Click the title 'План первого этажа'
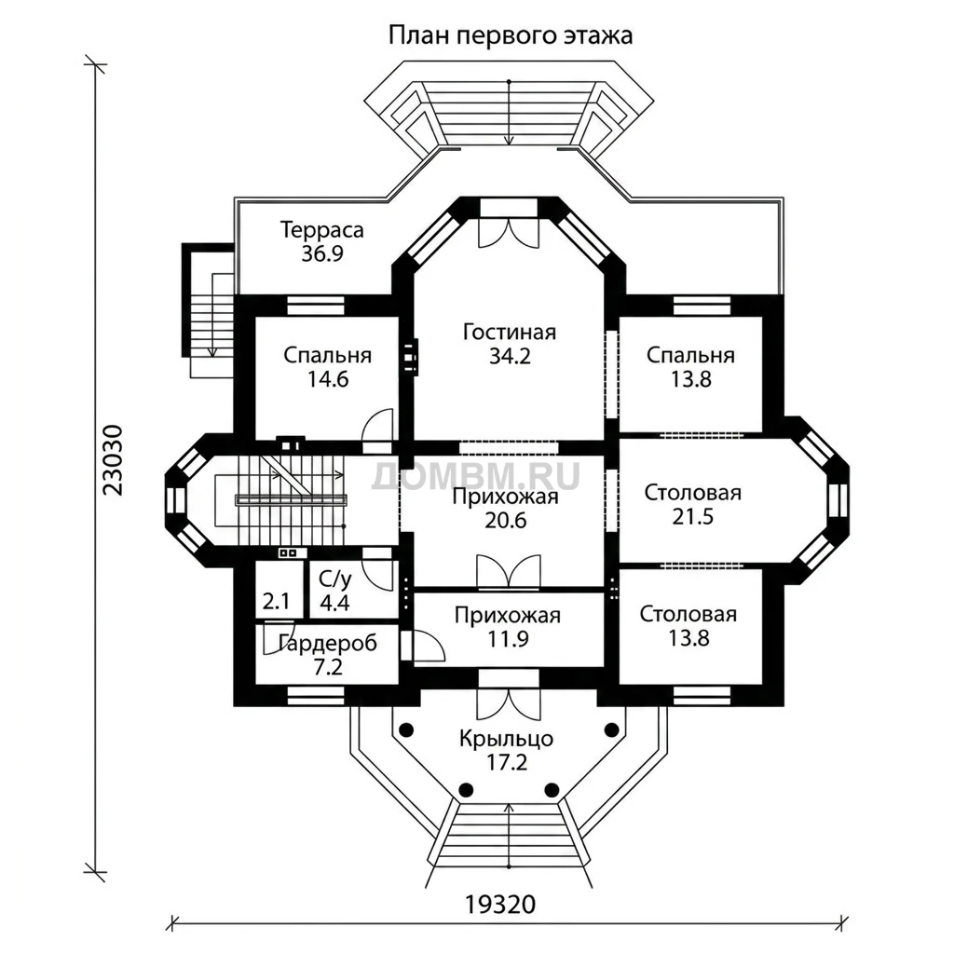510,35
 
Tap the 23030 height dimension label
113,459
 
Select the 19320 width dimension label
500,905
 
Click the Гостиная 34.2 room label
510,344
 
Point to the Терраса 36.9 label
321,241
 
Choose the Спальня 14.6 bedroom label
327,367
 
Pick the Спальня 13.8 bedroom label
690,367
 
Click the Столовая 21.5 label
692,504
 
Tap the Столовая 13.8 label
688,626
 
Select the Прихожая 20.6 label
506,509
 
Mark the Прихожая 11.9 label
508,627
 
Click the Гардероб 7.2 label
328,655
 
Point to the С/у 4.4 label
334,591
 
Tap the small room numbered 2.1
276,602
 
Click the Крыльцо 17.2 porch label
506,750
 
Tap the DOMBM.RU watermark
476,476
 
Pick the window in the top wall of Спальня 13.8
702,305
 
